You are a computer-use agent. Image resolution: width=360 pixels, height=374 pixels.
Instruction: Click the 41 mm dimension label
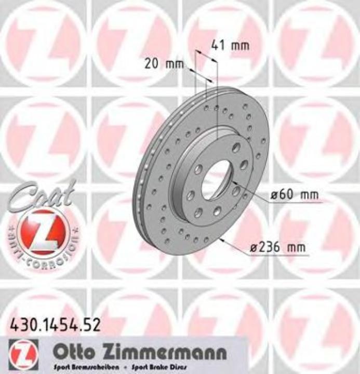[x=230, y=45]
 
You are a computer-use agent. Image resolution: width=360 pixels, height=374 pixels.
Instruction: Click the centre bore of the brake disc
[x=217, y=179]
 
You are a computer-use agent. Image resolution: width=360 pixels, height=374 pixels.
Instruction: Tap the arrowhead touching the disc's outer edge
[x=222, y=240]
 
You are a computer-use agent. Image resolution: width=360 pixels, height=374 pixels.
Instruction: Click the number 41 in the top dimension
[x=218, y=45]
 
